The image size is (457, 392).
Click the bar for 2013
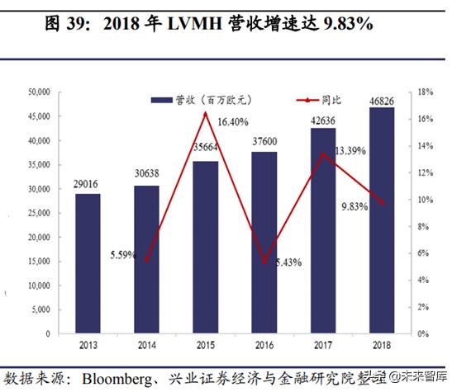[87, 264]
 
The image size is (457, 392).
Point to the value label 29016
[87, 185]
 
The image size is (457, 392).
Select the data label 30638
[146, 177]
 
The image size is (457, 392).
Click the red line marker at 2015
[205, 113]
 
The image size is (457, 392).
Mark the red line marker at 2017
[322, 154]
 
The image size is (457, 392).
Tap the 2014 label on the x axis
[146, 346]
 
